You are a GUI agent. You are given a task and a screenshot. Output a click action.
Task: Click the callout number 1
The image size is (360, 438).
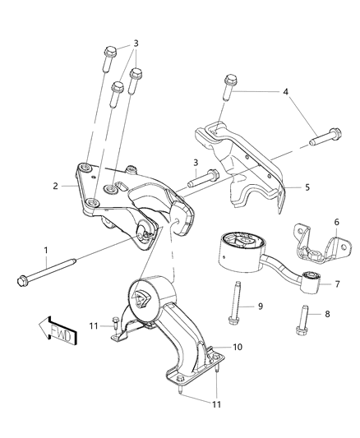tap(46, 250)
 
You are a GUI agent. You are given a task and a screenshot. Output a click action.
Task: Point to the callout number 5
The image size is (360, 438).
tap(307, 187)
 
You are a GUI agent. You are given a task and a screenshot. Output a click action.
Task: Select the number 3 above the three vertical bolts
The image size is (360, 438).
tap(136, 43)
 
